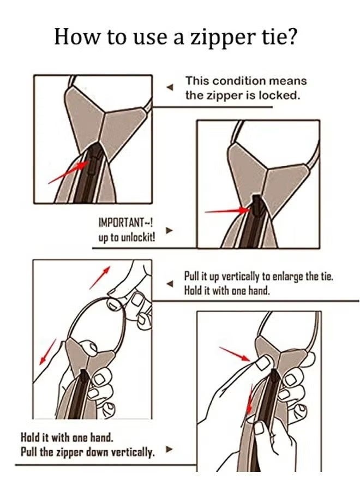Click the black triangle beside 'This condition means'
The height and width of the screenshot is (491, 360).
pos(170,87)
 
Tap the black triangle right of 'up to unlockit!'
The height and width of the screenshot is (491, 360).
pos(169,230)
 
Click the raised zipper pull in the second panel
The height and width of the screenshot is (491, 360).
pos(256,207)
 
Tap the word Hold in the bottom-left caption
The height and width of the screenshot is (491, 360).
pos(30,438)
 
